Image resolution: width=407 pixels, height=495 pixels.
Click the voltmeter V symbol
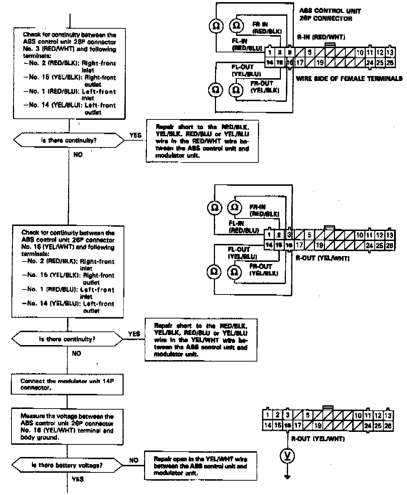(x=287, y=456)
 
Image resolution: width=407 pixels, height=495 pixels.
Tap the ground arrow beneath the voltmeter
(x=287, y=477)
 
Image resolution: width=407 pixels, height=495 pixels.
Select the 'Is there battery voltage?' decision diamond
(x=67, y=465)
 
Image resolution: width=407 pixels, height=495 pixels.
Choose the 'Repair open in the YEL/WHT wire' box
(x=201, y=466)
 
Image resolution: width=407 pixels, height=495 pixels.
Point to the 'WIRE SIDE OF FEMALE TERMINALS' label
(x=349, y=78)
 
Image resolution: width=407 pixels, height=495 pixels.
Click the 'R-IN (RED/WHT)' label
(x=321, y=37)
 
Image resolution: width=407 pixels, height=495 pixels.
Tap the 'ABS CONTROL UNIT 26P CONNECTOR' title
(x=330, y=15)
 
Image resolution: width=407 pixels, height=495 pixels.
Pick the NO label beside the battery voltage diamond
(x=134, y=460)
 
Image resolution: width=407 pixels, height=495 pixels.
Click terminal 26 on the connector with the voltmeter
(x=388, y=426)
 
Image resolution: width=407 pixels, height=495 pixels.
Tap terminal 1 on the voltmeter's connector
(x=267, y=415)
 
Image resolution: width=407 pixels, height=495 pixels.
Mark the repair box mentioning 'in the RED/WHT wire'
(x=202, y=141)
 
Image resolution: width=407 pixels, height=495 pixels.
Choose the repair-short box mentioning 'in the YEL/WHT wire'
(x=201, y=340)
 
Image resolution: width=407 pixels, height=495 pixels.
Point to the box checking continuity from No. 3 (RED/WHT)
(x=69, y=74)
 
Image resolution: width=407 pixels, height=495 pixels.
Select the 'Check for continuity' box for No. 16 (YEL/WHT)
(x=68, y=272)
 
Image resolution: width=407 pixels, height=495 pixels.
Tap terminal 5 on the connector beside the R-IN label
(x=309, y=52)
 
